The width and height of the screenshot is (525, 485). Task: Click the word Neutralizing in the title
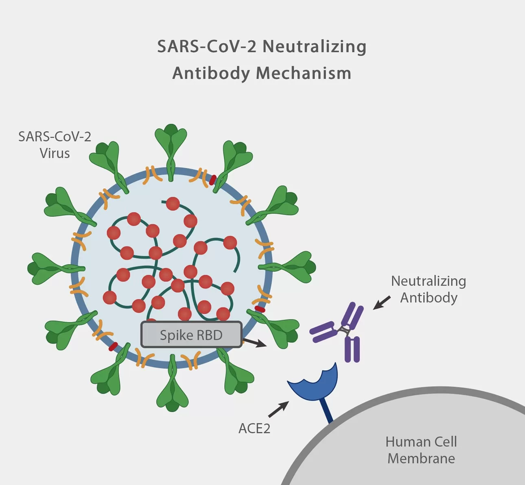point(314,46)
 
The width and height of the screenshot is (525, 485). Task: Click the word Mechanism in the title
point(303,73)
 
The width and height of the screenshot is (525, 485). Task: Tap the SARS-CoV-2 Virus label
point(55,145)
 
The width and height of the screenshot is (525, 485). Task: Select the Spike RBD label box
point(191,335)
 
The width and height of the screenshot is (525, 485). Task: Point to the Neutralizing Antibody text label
point(429,289)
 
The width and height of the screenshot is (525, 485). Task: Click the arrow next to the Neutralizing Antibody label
point(382,303)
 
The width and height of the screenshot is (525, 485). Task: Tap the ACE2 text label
point(254,428)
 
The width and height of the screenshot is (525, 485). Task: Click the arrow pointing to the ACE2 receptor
point(279,409)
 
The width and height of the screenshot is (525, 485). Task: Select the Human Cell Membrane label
point(421,450)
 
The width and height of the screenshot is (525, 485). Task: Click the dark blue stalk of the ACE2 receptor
point(327,411)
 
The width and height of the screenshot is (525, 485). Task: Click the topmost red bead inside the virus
point(173,203)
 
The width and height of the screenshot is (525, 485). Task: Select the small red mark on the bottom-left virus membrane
point(113,346)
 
